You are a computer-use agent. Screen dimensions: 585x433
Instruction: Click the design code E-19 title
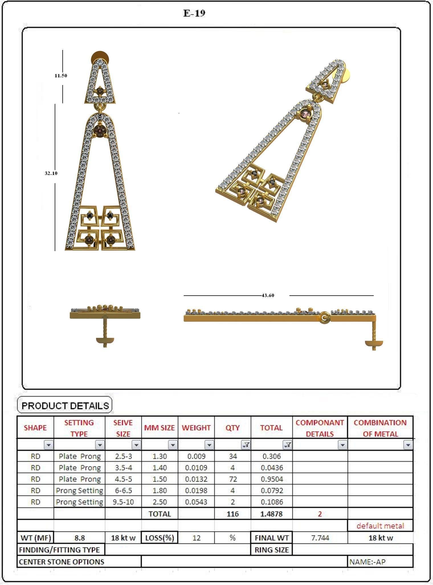coord(194,13)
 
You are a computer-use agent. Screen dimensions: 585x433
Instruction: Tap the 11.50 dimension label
coord(61,76)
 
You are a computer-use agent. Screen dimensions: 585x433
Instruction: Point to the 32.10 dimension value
coord(51,173)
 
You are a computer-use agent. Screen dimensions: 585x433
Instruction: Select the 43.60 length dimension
coord(268,295)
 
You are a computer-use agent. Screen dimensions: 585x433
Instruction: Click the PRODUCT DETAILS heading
coord(65,406)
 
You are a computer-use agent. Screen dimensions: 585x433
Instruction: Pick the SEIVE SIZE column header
coord(123,428)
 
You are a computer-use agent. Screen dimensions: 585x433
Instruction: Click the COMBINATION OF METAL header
coord(380,428)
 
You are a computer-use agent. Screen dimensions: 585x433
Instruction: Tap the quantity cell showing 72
coord(233,479)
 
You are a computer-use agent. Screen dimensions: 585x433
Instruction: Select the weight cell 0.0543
coord(196,502)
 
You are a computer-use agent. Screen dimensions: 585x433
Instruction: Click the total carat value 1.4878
coord(271,514)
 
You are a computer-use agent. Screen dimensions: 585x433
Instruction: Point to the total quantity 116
coord(233,514)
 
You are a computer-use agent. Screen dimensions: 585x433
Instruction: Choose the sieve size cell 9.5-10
coord(123,502)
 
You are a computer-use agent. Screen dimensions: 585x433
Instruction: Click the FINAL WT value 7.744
coord(320,538)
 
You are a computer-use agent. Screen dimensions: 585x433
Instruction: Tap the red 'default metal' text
coord(380,526)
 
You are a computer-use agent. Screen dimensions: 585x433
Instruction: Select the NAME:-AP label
coord(367,562)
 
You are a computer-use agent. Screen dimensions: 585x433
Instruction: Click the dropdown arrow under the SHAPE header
coord(49,445)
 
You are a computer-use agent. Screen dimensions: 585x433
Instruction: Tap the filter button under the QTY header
coord(246,445)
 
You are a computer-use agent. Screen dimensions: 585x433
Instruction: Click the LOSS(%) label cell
coord(160,538)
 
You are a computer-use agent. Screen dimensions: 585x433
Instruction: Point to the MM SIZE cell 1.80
coord(160,491)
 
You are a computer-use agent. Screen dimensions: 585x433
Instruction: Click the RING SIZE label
coord(271,550)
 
